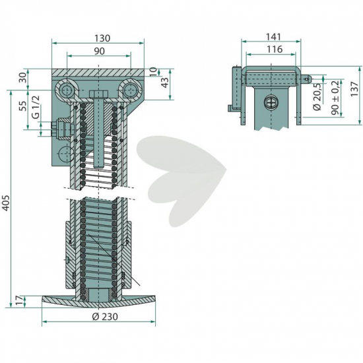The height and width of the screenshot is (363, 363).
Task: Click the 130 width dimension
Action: [x=102, y=38]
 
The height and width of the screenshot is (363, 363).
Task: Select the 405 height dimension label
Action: [x=7, y=203]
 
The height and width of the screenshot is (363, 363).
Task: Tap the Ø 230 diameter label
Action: [x=105, y=316]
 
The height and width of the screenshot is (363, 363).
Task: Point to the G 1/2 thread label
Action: [x=36, y=107]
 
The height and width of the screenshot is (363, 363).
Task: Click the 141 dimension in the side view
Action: [x=273, y=36]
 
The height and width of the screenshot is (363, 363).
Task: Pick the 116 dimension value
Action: [x=275, y=49]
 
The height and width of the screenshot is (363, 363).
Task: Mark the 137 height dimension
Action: [x=354, y=89]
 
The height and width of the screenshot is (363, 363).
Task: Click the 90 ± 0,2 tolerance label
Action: [x=335, y=98]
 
